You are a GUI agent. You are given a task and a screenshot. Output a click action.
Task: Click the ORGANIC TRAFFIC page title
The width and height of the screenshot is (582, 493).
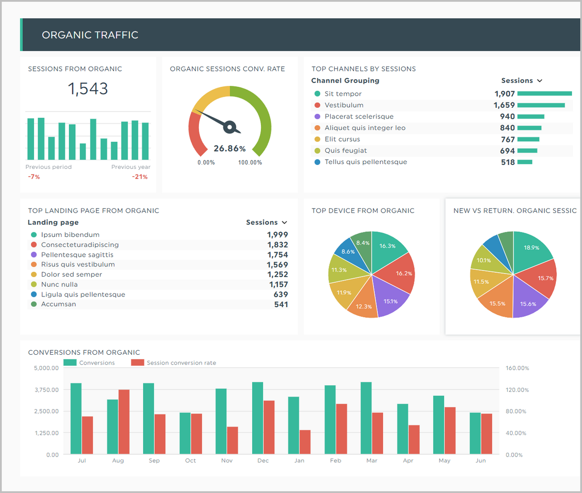point(90,35)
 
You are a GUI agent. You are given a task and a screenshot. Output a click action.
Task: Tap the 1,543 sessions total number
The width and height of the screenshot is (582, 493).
point(88,89)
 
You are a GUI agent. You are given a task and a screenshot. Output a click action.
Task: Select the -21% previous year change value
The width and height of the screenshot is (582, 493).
point(140,177)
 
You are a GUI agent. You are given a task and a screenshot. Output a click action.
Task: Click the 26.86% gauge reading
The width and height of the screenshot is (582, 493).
point(229,148)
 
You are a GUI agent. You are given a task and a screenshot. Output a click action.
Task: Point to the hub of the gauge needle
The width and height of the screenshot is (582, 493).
point(230,127)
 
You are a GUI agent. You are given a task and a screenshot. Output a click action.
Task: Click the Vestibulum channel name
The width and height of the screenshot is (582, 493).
point(344,105)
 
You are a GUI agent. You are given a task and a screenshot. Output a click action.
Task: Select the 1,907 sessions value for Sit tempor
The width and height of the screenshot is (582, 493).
point(504,94)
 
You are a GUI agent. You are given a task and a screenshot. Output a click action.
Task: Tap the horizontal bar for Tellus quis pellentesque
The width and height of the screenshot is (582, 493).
point(525,162)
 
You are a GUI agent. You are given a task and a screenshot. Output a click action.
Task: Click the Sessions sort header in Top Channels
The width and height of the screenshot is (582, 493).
point(521,81)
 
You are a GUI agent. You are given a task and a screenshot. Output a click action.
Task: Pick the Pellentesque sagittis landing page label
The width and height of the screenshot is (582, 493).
point(77,255)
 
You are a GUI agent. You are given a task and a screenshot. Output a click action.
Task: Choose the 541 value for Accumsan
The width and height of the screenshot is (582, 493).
point(281,305)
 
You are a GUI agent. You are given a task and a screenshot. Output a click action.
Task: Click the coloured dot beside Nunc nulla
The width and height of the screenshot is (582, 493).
point(33,284)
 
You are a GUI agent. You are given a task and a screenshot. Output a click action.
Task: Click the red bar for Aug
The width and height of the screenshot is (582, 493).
point(124,421)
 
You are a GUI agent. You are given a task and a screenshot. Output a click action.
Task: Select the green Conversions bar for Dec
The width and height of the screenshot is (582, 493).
point(258,418)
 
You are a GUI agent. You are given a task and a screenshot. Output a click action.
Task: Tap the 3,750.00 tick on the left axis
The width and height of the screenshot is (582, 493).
point(46,390)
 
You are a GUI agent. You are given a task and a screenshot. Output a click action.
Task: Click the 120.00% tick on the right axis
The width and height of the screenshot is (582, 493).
point(517,390)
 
